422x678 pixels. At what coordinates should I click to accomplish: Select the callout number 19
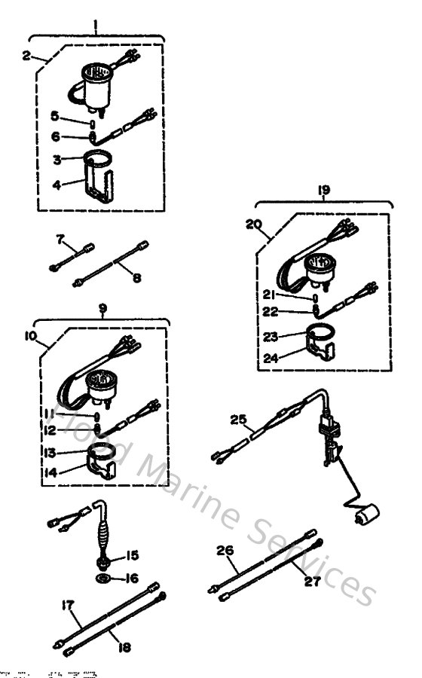324,191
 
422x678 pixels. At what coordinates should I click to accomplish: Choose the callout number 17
69,603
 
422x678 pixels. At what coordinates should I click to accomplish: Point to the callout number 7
60,239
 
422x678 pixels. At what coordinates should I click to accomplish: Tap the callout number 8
136,277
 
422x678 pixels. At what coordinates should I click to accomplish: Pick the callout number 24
271,359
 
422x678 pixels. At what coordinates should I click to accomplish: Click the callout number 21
270,294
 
